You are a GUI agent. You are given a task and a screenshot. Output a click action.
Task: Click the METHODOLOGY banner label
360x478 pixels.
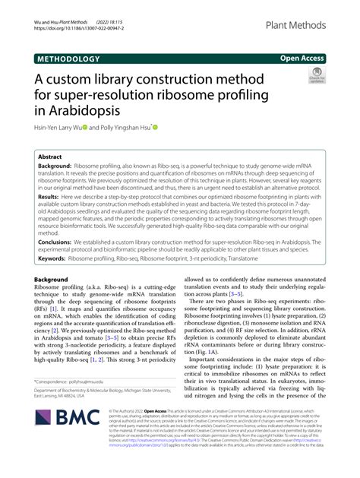(x=67, y=58)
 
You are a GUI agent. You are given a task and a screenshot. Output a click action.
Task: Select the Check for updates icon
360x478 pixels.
(x=314, y=75)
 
